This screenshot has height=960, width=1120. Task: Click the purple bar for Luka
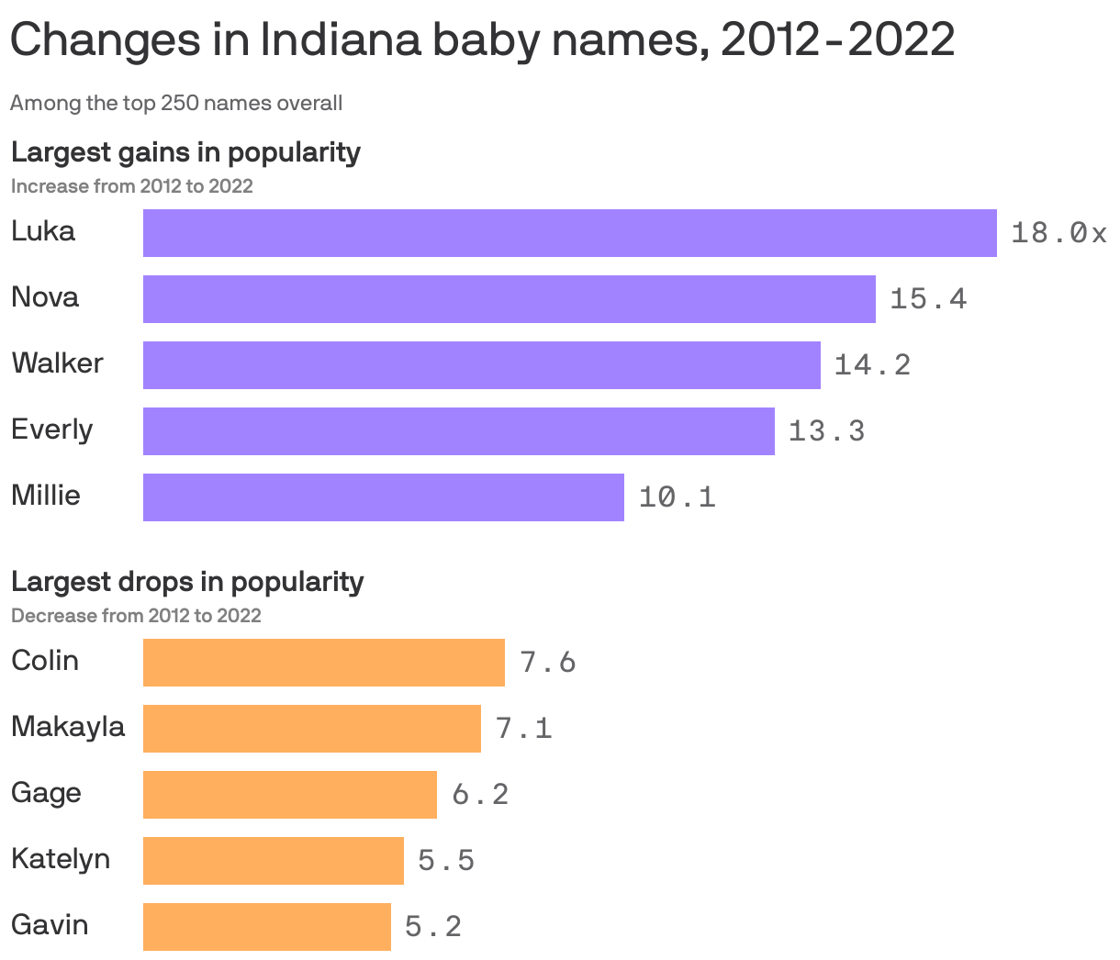coord(569,233)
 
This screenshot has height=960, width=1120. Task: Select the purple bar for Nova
coord(509,299)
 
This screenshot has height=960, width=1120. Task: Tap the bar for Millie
coord(383,497)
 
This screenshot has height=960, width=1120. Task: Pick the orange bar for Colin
coord(323,663)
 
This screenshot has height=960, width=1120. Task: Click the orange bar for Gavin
coord(266,927)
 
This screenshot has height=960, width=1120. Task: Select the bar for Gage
coord(289,795)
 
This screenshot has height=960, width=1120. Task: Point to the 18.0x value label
coord(1058,233)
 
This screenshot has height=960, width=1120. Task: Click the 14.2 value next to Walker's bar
coord(872,365)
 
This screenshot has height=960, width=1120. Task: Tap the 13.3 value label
coord(826,431)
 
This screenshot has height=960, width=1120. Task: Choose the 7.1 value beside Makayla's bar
coord(523,729)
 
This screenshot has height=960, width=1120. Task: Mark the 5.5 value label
coord(446,861)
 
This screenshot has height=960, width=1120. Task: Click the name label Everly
coord(52,430)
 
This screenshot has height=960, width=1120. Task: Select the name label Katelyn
coord(61,859)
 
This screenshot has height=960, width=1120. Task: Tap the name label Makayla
coord(68,727)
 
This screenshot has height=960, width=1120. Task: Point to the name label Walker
coord(57,363)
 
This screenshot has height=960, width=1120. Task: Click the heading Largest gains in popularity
coord(185,151)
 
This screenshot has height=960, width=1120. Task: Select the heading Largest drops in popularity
coord(187,581)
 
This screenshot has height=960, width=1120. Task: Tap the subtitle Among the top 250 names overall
coord(176,103)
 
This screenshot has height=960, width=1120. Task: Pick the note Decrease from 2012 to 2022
coord(136,615)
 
